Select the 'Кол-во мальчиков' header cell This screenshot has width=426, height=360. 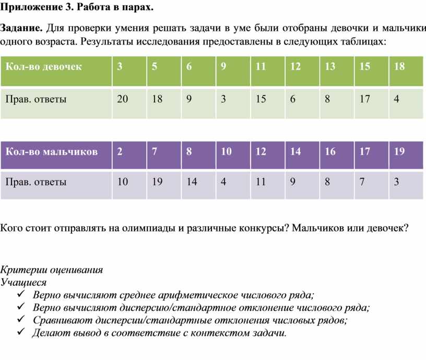pyautogui.click(x=51, y=152)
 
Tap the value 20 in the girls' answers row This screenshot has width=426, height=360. pyautogui.click(x=122, y=99)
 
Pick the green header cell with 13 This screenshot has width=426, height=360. pyautogui.click(x=330, y=67)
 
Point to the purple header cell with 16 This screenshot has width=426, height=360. pyautogui.click(x=330, y=152)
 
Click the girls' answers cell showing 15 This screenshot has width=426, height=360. pyautogui.click(x=261, y=99)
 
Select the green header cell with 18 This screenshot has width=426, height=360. pyautogui.click(x=399, y=67)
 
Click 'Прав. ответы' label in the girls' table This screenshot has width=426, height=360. pyautogui.click(x=35, y=99)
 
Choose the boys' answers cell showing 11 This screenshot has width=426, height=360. pyautogui.click(x=261, y=182)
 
